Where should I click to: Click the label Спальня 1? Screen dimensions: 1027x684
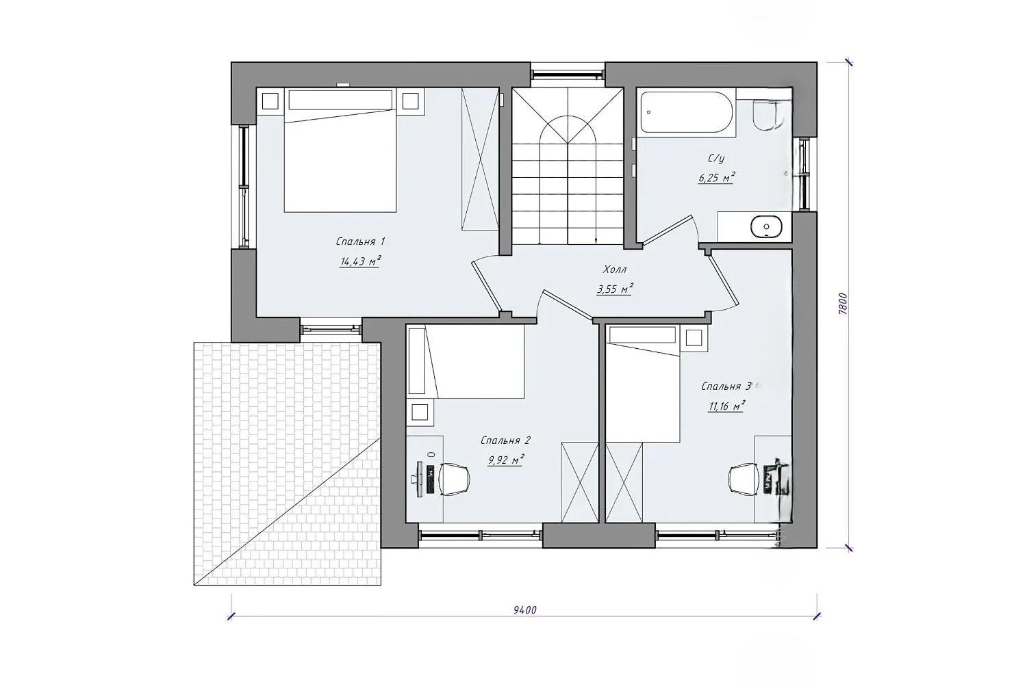point(360,241)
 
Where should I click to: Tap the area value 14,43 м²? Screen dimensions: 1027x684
point(360,261)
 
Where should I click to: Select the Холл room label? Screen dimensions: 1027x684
point(614,269)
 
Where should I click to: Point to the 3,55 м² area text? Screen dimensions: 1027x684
point(615,289)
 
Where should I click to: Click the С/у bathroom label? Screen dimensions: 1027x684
point(716,159)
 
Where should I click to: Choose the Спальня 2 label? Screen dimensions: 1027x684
point(505,440)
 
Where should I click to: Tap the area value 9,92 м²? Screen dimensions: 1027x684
point(506,460)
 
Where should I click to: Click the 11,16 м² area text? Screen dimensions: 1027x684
point(726,406)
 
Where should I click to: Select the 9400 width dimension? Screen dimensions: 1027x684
point(525,610)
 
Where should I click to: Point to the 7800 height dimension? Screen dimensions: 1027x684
point(843,304)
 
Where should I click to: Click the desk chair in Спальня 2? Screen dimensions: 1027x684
point(453,479)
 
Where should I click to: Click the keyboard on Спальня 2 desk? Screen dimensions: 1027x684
point(430,479)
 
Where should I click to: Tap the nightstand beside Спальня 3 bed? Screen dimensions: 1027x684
point(694,338)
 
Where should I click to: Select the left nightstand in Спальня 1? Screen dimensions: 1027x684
point(270,101)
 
